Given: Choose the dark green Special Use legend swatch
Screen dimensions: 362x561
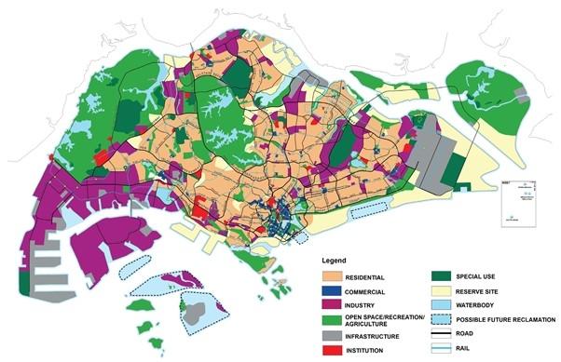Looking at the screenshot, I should point(442,275).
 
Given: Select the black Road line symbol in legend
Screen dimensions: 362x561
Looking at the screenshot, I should point(442,335).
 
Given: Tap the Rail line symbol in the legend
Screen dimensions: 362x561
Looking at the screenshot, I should point(442,351).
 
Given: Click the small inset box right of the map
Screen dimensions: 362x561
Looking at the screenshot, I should point(508,195).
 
